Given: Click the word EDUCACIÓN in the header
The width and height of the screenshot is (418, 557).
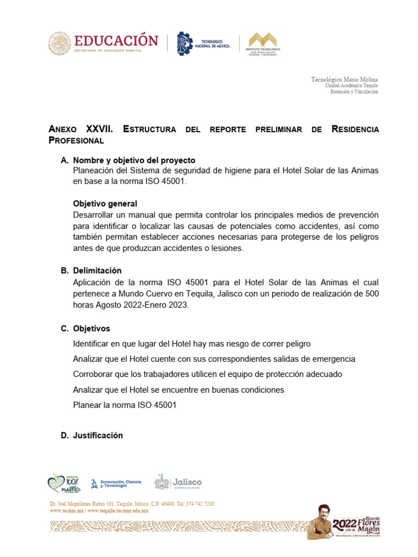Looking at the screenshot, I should coord(116,40).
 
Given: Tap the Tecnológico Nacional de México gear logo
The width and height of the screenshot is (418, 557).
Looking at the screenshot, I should coord(185,44).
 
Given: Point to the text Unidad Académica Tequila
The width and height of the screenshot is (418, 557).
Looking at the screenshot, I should coord(351,85).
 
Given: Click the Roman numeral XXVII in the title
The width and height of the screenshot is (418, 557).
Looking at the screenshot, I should coord(100,129).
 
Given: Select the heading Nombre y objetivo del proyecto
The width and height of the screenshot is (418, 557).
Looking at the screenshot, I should coord(134,160).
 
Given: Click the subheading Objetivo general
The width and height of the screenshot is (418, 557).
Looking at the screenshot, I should coord(105,203).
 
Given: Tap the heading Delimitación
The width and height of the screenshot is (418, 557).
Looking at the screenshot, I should coord(97,270).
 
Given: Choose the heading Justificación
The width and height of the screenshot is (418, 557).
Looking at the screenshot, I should coord(98,435).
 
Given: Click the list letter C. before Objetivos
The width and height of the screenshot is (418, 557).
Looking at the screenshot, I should coord(64,329).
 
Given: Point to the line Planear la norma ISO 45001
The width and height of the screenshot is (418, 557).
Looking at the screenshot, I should coord(125,405).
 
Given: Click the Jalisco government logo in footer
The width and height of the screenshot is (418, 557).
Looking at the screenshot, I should coord(178,482).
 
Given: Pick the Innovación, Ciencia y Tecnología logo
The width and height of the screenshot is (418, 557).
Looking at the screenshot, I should coord(116,483).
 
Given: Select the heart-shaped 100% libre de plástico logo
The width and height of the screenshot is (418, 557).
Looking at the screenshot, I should coord(64,482).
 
